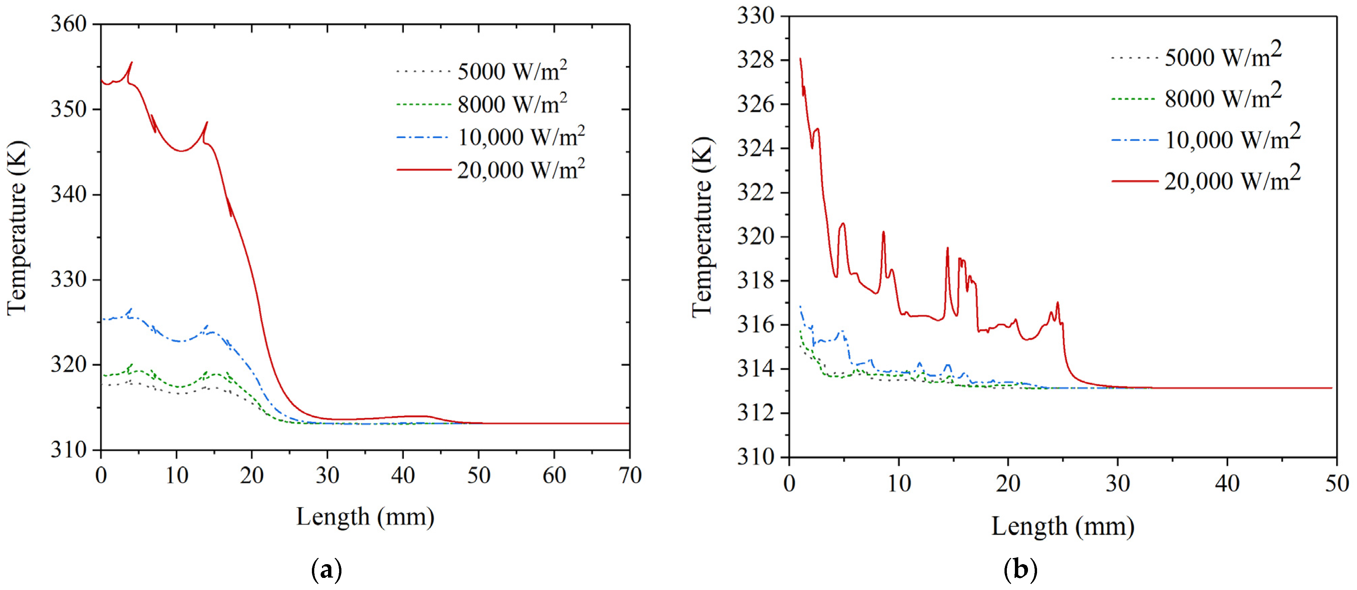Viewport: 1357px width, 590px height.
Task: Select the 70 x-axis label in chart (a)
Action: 629,476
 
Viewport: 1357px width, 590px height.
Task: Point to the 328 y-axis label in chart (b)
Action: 756,60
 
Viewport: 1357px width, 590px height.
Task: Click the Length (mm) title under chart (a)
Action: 365,517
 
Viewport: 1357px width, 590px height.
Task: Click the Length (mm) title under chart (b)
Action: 1063,526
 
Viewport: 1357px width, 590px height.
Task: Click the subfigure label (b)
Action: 1020,570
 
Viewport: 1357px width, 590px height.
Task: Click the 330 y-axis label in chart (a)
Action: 68,280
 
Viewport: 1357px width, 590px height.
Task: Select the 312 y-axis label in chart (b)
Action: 756,412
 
